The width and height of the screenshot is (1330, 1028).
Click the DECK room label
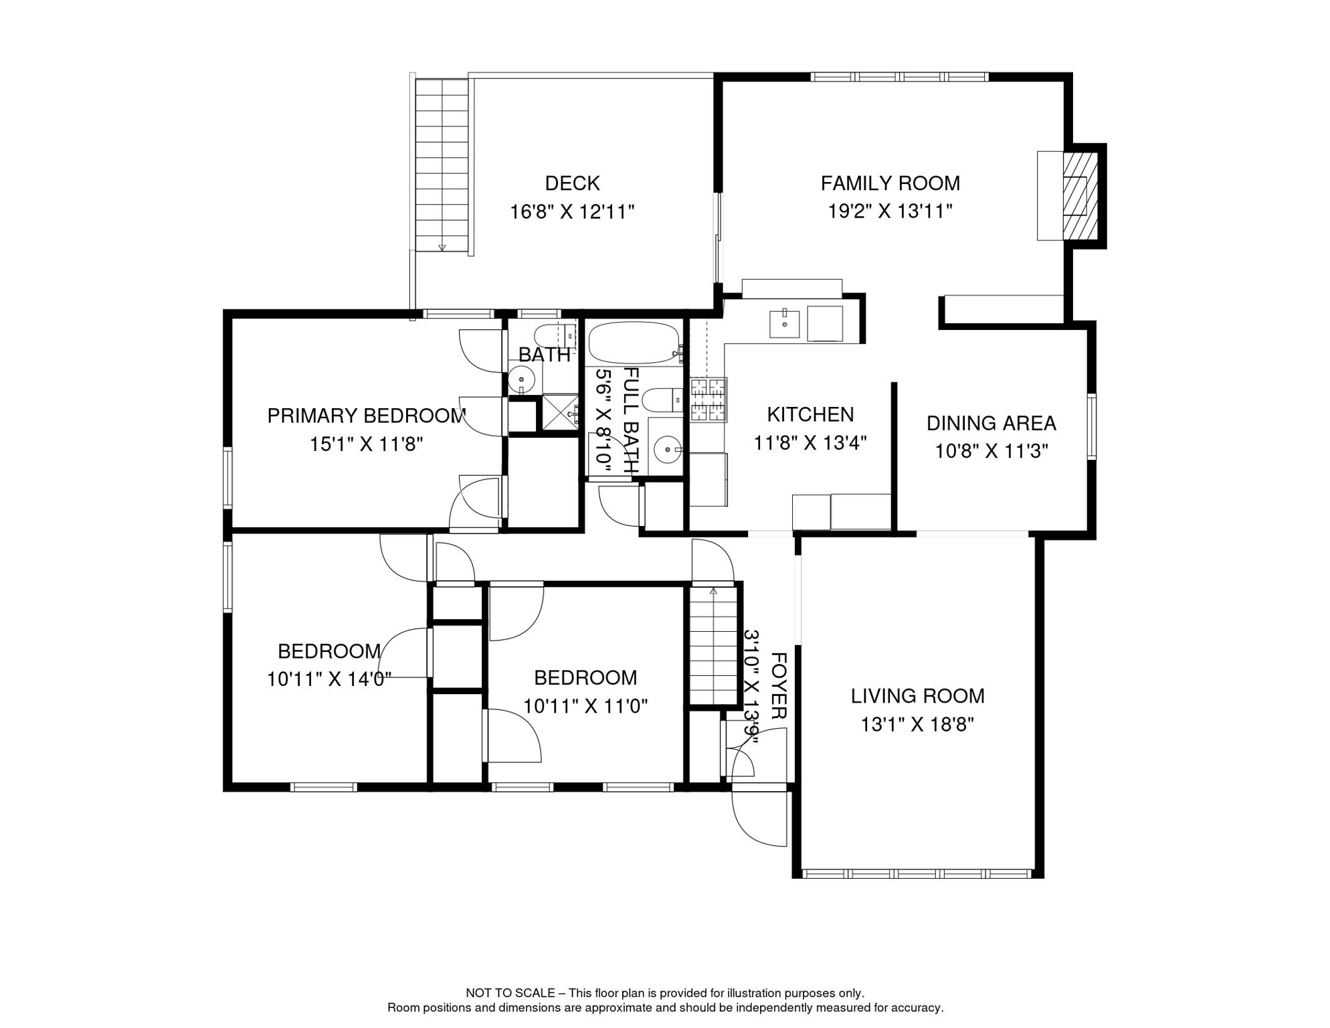(572, 183)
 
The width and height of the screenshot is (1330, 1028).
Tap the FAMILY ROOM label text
(890, 183)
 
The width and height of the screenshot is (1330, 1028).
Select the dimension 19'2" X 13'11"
(890, 211)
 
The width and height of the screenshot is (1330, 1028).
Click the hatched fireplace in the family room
(1080, 196)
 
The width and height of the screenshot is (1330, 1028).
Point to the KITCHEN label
(810, 414)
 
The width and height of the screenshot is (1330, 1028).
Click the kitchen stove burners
(708, 400)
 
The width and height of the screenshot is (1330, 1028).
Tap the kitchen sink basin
(784, 324)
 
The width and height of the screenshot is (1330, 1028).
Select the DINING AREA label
(991, 423)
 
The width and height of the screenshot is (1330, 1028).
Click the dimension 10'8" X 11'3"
(991, 452)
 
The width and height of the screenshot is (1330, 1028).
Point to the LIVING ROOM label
(917, 696)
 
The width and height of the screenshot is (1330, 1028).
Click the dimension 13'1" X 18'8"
(917, 725)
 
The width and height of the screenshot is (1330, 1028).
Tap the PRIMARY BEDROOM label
(366, 416)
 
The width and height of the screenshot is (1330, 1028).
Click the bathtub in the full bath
(634, 343)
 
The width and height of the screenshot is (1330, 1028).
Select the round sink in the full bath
(667, 448)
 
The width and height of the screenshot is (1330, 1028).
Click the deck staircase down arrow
(442, 248)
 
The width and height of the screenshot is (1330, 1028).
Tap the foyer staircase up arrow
(713, 591)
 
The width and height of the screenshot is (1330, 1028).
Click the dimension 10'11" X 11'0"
(585, 707)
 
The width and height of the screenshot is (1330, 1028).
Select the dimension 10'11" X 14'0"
(329, 680)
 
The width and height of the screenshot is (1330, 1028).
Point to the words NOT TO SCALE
(510, 993)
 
